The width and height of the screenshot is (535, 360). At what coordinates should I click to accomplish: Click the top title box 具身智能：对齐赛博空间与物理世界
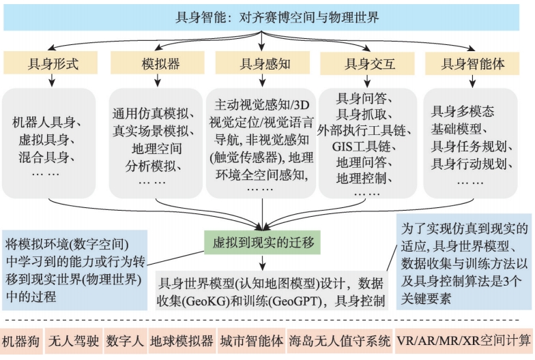point(267,18)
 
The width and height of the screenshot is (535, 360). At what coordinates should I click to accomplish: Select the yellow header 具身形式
point(53,64)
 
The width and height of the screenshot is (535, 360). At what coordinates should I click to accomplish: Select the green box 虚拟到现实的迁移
point(263,241)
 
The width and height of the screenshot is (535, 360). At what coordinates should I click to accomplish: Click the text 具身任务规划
point(472,146)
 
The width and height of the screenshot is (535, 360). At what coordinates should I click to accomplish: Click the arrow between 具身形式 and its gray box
point(53,81)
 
